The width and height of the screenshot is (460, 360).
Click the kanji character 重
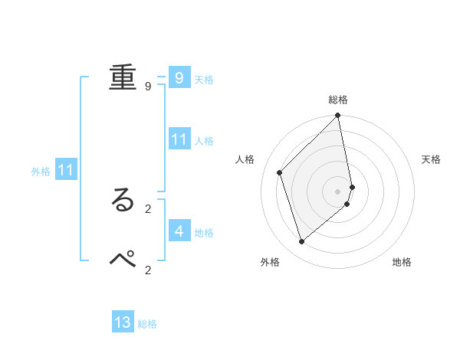pos(123,77)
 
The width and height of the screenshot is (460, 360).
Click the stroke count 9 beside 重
pos(148,86)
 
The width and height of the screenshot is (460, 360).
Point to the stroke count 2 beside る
pos(148,208)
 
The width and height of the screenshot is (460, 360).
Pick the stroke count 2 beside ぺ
pos(148,269)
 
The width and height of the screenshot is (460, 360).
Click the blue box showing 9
pos(179,78)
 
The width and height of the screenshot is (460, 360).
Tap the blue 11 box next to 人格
pos(179,139)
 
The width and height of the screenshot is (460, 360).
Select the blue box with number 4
pos(179,231)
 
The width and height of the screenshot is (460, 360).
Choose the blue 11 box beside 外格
pos(65,171)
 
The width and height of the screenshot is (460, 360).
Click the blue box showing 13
pos(123,322)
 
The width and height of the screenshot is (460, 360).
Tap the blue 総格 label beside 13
pos(147,324)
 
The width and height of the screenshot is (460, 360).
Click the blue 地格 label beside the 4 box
pos(204,233)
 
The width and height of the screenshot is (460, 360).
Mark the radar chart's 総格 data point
pos(338,116)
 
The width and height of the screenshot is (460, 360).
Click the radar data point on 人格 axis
pos(280,172)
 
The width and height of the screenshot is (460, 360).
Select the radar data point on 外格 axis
pos(302,241)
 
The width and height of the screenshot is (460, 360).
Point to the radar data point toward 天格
pos(353,186)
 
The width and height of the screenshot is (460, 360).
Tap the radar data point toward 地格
pos(347,204)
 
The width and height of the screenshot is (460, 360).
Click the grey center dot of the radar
pos(338,191)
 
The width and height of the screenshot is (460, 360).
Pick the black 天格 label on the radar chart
pos(432,159)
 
